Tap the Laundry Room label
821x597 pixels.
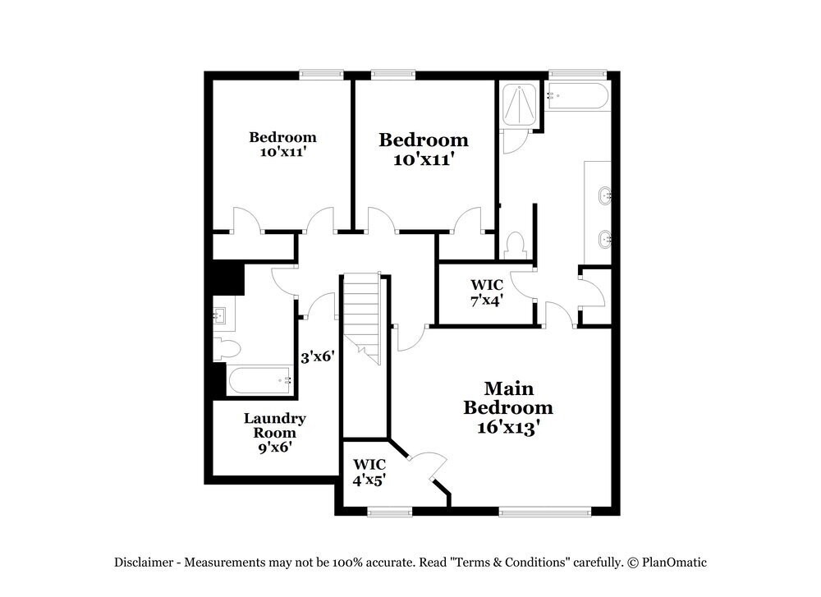tap(274, 432)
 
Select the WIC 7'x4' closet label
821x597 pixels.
tap(487, 292)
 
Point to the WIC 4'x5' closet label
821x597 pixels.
tap(369, 473)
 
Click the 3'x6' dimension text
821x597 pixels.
tap(317, 357)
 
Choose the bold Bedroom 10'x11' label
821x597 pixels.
tap(423, 149)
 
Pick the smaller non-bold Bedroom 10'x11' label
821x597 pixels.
tap(282, 144)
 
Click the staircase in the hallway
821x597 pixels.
tap(362, 317)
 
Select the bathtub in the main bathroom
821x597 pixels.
tap(577, 98)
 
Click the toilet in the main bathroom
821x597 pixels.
tap(516, 244)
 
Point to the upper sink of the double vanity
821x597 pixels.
tap(605, 195)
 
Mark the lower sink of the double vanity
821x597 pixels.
tap(605, 239)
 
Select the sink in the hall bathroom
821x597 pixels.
tap(220, 315)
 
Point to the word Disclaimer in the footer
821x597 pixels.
tap(143, 563)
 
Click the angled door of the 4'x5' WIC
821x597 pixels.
tap(429, 466)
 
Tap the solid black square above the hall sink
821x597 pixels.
tap(227, 277)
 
